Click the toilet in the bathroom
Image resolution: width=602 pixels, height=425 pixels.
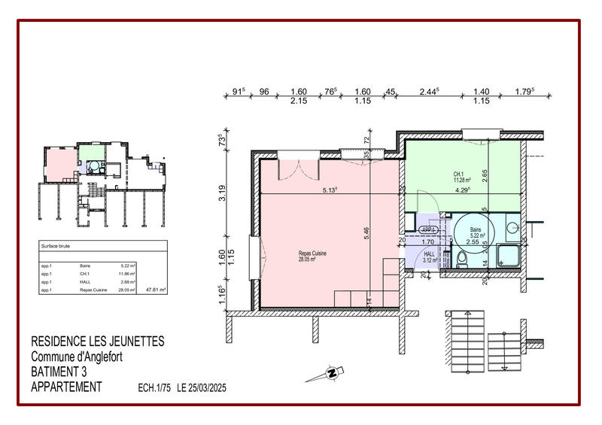(x=462, y=260)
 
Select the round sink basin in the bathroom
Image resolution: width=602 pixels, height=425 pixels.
(x=512, y=226)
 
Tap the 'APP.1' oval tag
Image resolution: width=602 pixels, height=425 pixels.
(x=429, y=230)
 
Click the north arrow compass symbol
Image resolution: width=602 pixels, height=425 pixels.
(x=332, y=372)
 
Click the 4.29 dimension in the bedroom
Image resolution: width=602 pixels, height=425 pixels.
(x=462, y=190)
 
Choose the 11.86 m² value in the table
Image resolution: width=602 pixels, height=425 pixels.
(x=127, y=274)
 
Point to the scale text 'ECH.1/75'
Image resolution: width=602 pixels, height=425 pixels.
(x=155, y=388)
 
